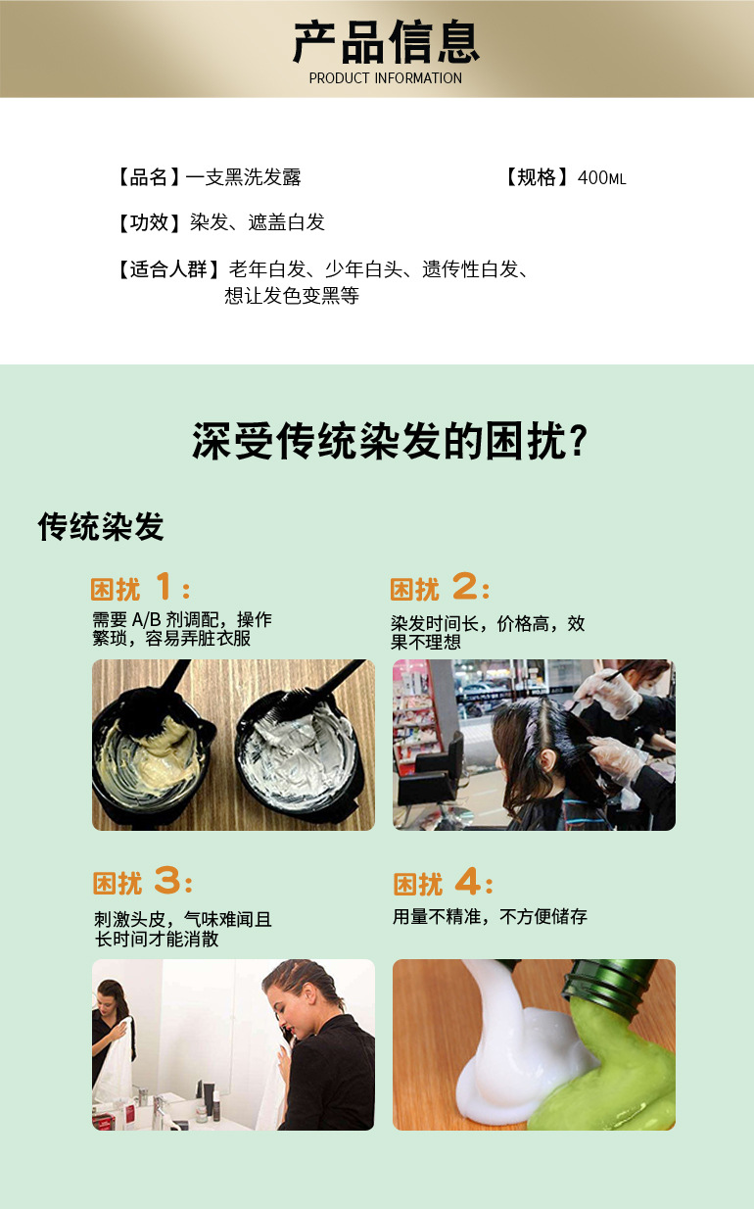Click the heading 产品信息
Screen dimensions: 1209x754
pos(385,42)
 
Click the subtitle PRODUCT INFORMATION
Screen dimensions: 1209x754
pos(385,78)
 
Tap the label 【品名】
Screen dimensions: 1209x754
pos(148,177)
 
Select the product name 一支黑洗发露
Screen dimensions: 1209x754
pos(243,177)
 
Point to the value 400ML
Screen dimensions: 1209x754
pos(601,178)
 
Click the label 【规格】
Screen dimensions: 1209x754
pos(537,177)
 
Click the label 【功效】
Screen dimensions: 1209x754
pos(148,222)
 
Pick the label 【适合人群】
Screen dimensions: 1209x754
pos(167,269)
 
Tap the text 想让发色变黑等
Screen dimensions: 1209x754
pos(292,295)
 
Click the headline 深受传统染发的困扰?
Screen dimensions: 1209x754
pos(390,442)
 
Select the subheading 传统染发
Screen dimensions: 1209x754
pos(101,527)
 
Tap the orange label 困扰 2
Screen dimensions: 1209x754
pos(440,588)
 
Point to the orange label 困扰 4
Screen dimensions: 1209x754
pos(443,883)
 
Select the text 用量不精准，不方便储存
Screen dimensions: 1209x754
pos(490,917)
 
